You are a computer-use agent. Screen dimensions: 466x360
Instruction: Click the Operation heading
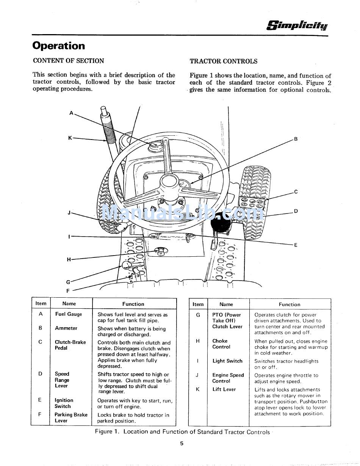(59, 46)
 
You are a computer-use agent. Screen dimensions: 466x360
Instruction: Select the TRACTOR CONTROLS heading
(223, 61)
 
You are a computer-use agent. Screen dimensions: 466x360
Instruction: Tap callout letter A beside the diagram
(71, 113)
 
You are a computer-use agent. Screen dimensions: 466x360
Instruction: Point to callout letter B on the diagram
(296, 139)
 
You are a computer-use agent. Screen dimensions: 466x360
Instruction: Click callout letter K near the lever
(70, 138)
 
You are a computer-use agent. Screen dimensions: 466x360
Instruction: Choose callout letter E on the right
(296, 245)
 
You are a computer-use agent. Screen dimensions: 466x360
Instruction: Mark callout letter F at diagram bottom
(68, 291)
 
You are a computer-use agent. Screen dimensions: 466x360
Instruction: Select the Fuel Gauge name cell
(69, 314)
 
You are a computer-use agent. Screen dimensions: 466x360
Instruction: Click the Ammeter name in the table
(66, 328)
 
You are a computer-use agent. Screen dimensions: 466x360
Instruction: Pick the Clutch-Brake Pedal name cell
(70, 345)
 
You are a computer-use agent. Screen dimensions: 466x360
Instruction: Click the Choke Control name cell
(221, 344)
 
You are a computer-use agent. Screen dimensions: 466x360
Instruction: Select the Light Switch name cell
(227, 361)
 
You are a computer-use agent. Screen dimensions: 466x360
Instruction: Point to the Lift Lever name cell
(224, 389)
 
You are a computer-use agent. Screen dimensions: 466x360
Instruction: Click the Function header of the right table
(290, 304)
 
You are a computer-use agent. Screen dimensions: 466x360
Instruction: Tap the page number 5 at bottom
(182, 443)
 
